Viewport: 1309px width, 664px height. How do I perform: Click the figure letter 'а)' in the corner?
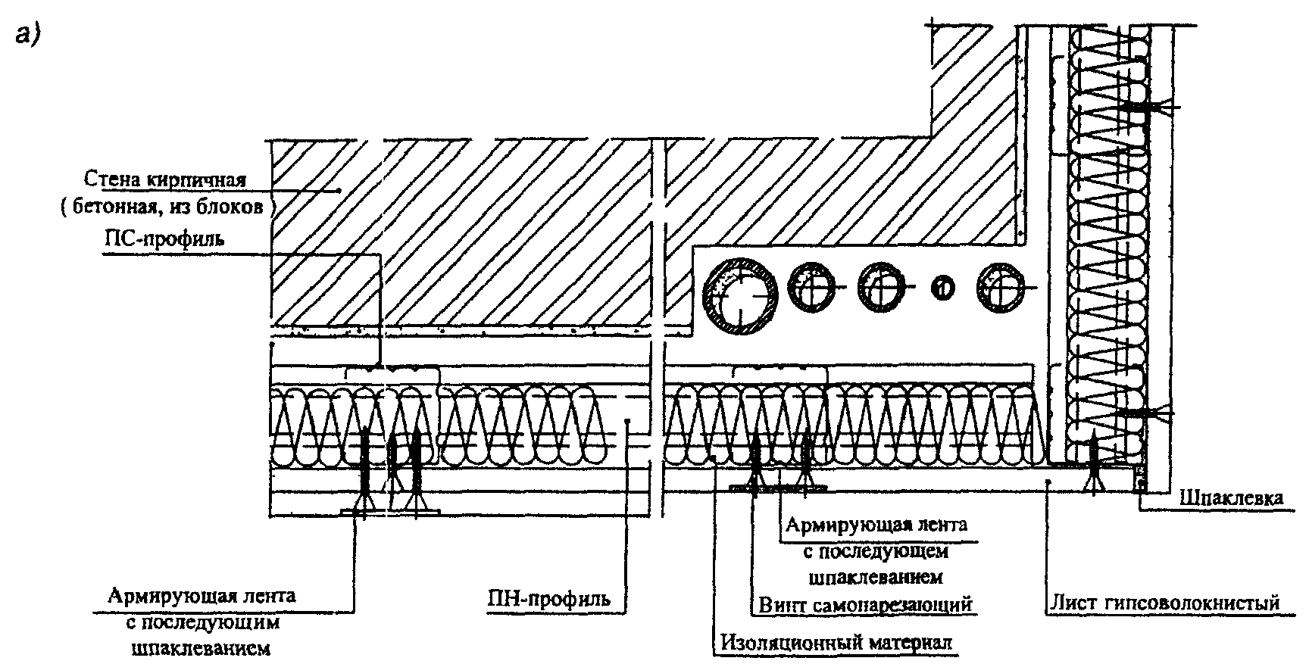click(x=28, y=36)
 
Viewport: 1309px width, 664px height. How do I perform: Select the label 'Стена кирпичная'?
click(x=165, y=180)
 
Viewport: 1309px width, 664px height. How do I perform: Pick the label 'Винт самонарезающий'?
click(x=864, y=605)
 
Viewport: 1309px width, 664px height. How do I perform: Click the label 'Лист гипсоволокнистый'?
click(x=1164, y=603)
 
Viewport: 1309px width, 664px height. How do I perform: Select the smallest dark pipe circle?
click(x=942, y=288)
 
